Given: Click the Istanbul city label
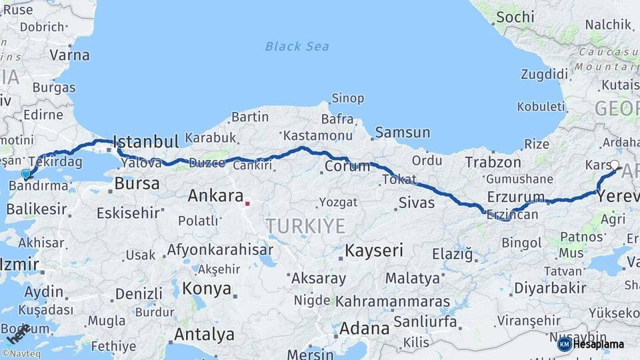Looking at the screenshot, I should (x=146, y=141).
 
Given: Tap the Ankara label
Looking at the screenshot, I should (x=215, y=196).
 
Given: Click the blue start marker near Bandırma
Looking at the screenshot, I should (x=26, y=174).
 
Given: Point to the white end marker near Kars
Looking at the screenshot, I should (x=615, y=165).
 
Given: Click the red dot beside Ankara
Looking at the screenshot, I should (x=247, y=203).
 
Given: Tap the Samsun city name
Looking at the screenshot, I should (x=402, y=133).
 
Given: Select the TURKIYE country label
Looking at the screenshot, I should (x=305, y=226).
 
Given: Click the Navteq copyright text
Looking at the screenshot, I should (x=21, y=354).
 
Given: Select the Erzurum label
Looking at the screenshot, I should (x=516, y=196).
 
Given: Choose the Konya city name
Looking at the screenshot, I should (x=207, y=289).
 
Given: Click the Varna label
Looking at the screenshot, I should (x=69, y=55).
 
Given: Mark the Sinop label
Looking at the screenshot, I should (x=348, y=99).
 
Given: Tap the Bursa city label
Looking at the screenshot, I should (x=137, y=183).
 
